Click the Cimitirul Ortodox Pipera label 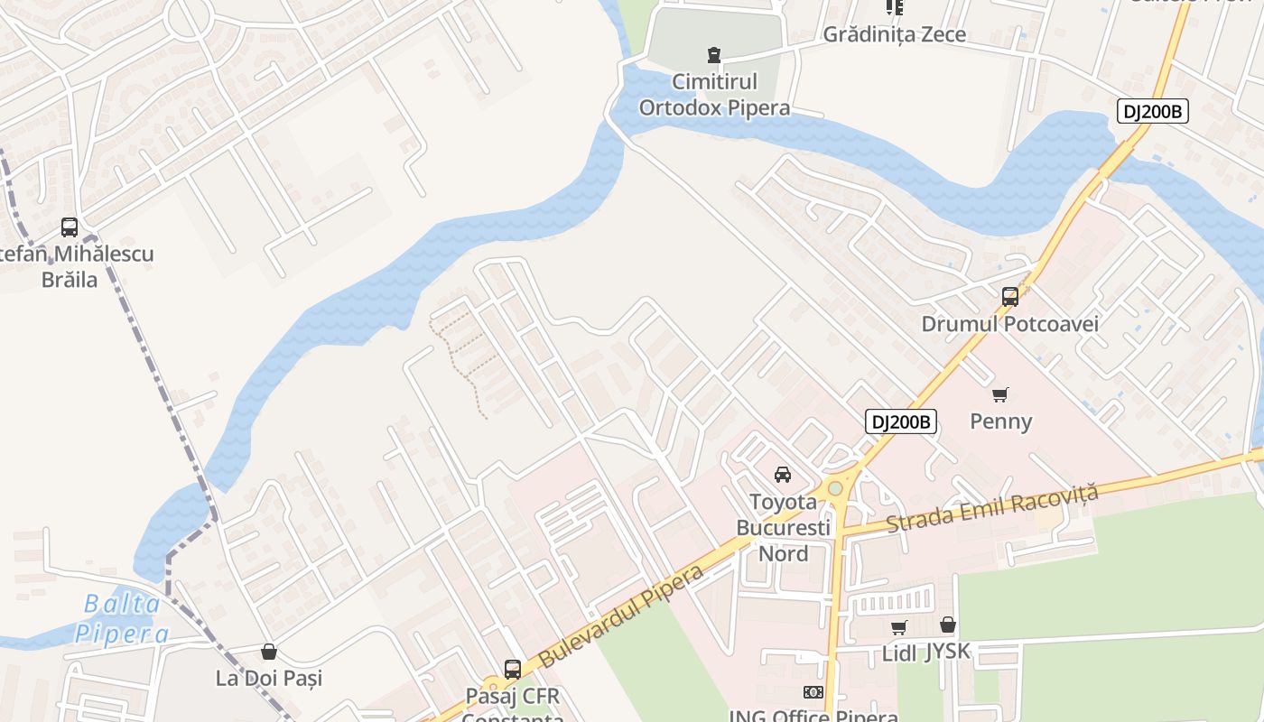click(x=714, y=95)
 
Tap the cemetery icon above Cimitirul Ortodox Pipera click(x=714, y=55)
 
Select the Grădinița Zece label click(x=894, y=34)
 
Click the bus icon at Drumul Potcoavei click(x=1010, y=296)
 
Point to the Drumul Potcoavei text click(x=1010, y=324)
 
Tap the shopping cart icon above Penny click(x=1000, y=394)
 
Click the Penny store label click(x=1000, y=421)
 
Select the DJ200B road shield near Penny click(x=900, y=421)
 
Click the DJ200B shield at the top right click(x=1151, y=112)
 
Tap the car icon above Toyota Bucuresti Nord click(x=783, y=474)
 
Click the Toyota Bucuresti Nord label click(x=783, y=527)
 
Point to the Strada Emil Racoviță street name click(x=992, y=507)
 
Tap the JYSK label click(x=947, y=652)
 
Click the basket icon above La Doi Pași click(x=268, y=652)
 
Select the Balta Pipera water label click(x=121, y=619)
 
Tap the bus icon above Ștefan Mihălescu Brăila click(x=70, y=227)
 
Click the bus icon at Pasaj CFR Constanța click(x=513, y=670)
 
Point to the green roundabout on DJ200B click(x=836, y=488)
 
